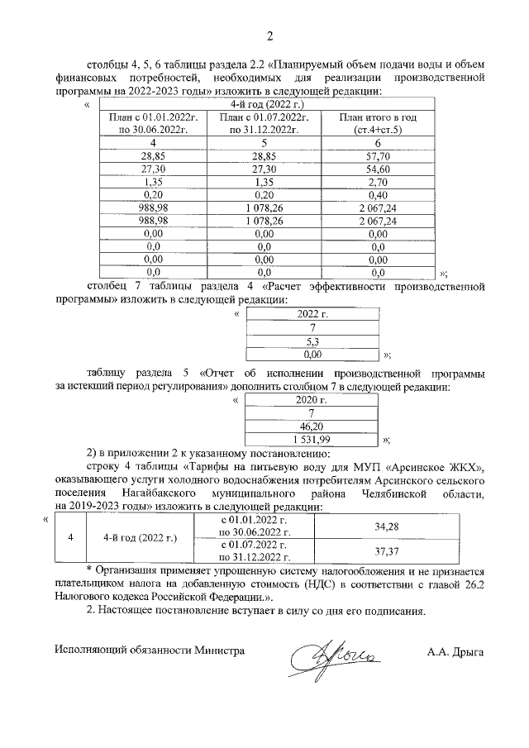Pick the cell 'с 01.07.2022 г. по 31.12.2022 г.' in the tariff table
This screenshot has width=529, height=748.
pos(255,551)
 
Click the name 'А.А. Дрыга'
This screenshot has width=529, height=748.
pos(455,651)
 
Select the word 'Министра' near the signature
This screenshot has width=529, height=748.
pos(219,650)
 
